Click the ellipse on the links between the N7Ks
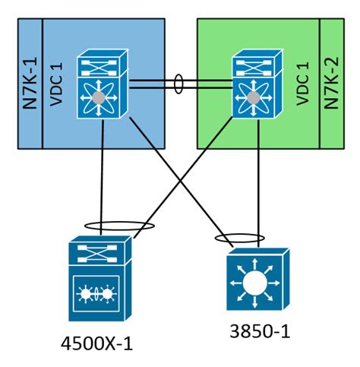(x=179, y=83)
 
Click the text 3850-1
(x=259, y=332)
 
